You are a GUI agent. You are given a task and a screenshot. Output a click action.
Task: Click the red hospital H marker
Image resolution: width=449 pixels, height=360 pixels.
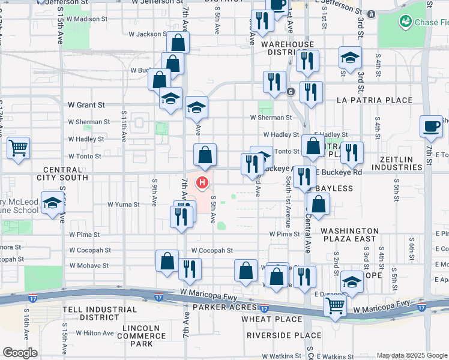tap(203, 182)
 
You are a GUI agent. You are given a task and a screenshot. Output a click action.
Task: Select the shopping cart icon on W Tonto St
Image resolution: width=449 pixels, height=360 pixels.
tap(19, 147)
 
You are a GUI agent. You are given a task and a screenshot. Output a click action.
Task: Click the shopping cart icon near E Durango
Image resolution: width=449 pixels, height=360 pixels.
tap(335, 305)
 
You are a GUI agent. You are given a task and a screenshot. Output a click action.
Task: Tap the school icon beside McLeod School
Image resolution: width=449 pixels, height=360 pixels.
tap(53, 205)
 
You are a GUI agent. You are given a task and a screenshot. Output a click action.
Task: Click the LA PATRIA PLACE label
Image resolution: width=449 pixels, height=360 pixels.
tap(375, 100)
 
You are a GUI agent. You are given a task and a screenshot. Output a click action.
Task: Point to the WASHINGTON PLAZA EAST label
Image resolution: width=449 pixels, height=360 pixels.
tap(351, 235)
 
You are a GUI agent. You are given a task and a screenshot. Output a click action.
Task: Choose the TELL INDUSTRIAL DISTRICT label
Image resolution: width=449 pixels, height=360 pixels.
tap(92, 313)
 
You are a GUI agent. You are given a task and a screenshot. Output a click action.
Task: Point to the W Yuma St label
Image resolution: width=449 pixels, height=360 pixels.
tap(124, 205)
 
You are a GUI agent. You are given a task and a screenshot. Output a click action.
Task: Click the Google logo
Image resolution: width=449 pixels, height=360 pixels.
tap(20, 353)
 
